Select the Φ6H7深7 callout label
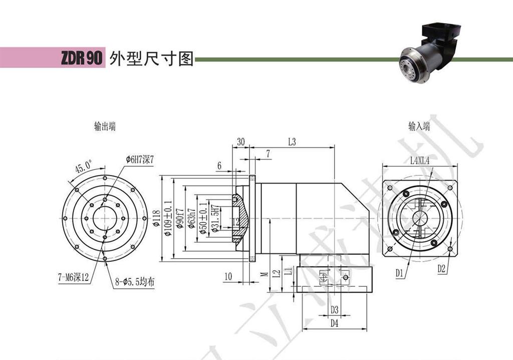click(139, 159)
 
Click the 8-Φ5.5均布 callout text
click(134, 283)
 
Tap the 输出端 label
click(105, 127)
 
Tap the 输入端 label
click(419, 127)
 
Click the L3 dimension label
click(292, 142)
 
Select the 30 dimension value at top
click(240, 142)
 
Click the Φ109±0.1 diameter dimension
click(167, 219)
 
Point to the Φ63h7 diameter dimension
click(191, 219)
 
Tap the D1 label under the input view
click(399, 273)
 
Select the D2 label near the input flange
click(441, 269)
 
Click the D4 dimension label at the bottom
click(335, 323)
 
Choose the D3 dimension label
click(335, 309)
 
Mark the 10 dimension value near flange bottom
click(228, 277)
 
